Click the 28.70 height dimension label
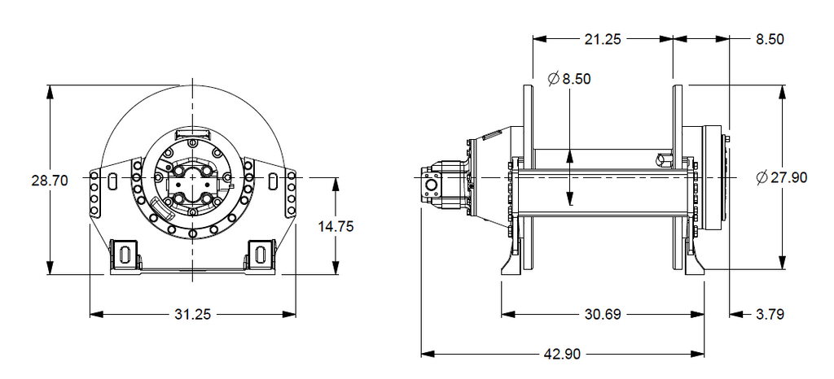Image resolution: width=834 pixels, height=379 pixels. (x=50, y=181)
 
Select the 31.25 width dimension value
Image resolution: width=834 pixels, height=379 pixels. (x=192, y=314)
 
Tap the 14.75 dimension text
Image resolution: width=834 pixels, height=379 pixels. (x=336, y=227)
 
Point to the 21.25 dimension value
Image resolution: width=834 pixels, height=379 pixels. (x=603, y=39)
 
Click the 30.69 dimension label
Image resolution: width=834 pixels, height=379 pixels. (x=603, y=314)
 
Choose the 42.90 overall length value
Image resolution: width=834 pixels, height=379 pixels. (x=562, y=354)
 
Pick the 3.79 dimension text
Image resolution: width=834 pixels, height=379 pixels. (x=770, y=314)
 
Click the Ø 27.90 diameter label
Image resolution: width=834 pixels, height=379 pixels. (x=781, y=177)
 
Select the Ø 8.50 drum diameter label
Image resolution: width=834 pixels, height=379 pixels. (x=568, y=79)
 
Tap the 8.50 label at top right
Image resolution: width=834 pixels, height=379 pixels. (x=770, y=39)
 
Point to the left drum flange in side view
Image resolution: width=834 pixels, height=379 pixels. (x=528, y=177)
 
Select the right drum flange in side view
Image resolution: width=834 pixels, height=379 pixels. (x=678, y=177)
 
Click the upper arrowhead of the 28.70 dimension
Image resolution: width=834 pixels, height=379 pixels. (x=50, y=91)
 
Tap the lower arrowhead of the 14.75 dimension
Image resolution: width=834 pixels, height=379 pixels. (x=336, y=268)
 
